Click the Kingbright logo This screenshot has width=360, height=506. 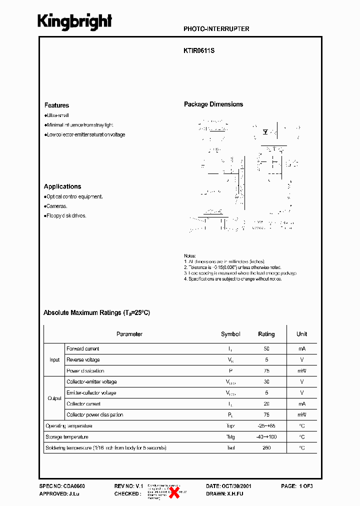[x=75, y=21]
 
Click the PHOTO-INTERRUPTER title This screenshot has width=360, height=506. [x=216, y=29]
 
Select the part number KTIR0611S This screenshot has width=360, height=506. [x=199, y=51]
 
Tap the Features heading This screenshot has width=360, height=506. [x=56, y=105]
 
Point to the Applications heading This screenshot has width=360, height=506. [x=62, y=186]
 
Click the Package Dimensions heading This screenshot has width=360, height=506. [x=213, y=104]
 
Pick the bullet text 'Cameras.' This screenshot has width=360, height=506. [x=56, y=206]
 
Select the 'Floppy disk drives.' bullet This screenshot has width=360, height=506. [x=66, y=216]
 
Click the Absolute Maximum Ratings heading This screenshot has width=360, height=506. [x=96, y=312]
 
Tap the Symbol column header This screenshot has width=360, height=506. [x=230, y=334]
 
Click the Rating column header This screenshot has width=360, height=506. [x=266, y=334]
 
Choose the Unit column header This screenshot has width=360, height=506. [x=301, y=334]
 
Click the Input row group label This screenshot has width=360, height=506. [x=54, y=360]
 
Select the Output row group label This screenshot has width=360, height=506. [x=54, y=398]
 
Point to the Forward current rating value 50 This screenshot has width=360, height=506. [x=266, y=349]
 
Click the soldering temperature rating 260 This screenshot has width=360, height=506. [x=266, y=448]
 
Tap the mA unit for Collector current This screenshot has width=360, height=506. [x=301, y=404]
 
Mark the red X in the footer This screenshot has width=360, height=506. [x=175, y=492]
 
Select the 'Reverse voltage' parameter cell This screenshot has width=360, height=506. [x=83, y=360]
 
